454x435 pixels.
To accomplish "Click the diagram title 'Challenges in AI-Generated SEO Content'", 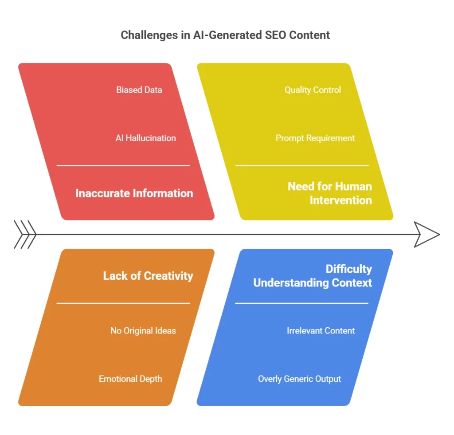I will [x=225, y=35].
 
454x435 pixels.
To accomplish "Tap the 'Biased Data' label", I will [x=139, y=90].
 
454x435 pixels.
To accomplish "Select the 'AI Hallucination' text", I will [x=145, y=138].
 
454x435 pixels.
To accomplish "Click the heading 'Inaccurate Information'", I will [x=134, y=193].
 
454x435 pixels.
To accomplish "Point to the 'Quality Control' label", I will [x=313, y=90].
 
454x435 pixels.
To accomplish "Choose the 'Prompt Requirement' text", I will [x=315, y=138].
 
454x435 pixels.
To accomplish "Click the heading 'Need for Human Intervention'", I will [x=330, y=193].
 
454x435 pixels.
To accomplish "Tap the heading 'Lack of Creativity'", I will [x=148, y=276].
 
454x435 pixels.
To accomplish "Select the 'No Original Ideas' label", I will [x=143, y=330].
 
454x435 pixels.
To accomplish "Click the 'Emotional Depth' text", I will [x=130, y=379].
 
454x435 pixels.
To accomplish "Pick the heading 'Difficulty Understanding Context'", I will [x=313, y=276].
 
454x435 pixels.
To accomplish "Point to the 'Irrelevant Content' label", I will [x=321, y=330].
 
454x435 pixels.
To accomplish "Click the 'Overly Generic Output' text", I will [x=299, y=379].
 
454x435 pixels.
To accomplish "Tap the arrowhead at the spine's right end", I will [x=427, y=235].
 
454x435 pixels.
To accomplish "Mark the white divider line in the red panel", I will [x=123, y=166].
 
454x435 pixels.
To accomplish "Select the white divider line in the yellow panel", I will [x=302, y=166].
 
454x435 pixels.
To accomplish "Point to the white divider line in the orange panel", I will [x=123, y=303].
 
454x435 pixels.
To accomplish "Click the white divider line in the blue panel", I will [x=302, y=303].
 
